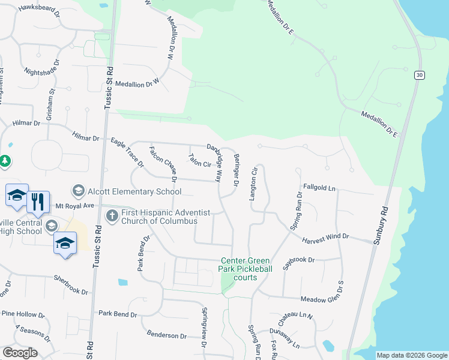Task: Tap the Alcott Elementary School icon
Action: (78, 191)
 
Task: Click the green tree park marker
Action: (5, 161)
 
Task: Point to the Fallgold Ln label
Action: (319, 188)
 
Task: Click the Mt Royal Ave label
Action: (76, 205)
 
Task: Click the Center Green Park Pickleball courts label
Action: (246, 269)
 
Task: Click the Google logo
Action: (20, 353)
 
